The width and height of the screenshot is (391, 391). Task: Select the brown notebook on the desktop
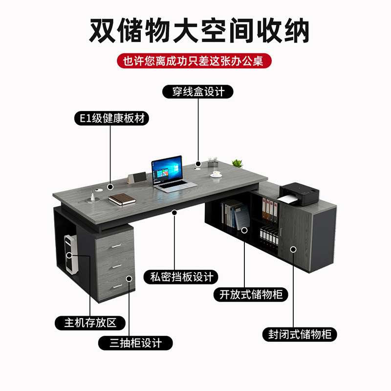pos(122,199)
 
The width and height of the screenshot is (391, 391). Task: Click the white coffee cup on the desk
pos(216,174)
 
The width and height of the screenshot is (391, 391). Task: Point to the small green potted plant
pos(238,163)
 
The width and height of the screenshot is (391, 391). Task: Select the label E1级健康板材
pos(111,119)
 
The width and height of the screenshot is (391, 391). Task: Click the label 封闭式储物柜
pos(300,334)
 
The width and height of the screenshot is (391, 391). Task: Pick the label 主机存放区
pos(90,323)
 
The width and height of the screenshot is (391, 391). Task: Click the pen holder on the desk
pos(213,162)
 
